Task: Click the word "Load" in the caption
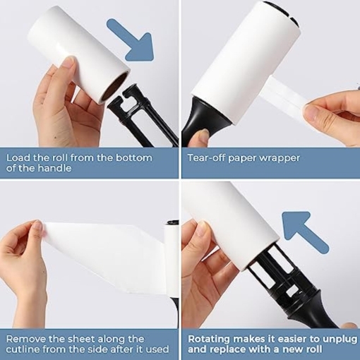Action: tap(18, 157)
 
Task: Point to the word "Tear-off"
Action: tap(206, 157)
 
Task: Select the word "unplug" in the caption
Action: tap(341, 340)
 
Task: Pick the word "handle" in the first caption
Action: tap(55, 168)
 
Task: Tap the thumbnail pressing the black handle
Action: tap(204, 133)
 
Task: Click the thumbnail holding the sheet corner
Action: tap(38, 227)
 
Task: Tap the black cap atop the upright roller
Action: tap(173, 222)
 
